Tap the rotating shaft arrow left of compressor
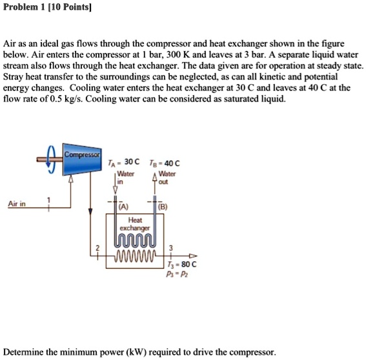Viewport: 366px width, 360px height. point(46,157)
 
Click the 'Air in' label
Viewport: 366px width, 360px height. point(17,204)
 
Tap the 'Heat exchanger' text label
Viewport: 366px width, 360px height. point(135,224)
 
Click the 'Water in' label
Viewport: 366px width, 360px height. point(125,178)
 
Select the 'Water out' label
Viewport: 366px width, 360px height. point(167,178)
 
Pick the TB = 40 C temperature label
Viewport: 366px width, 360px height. point(165,164)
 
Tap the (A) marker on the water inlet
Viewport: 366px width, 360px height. point(123,207)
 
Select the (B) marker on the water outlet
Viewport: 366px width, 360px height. point(163,207)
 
